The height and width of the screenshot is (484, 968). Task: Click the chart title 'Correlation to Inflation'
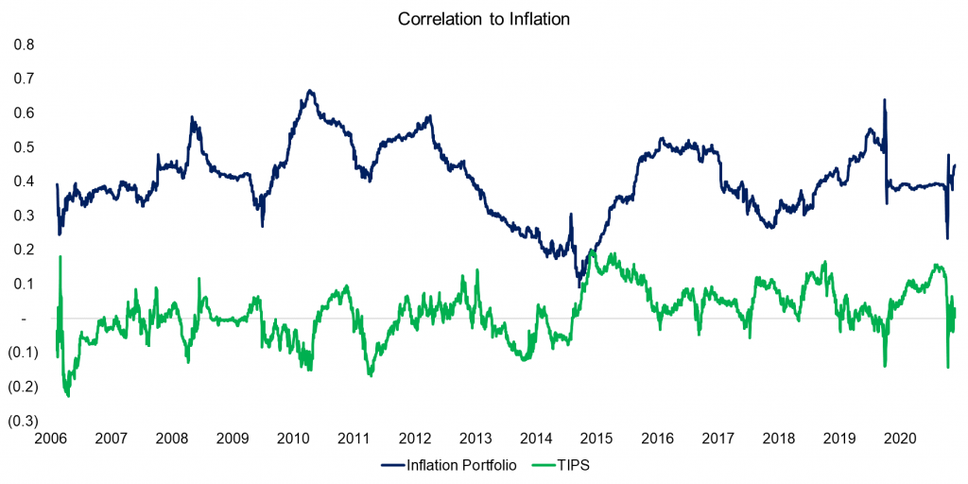point(483,19)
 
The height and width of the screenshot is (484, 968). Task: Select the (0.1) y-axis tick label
point(23,353)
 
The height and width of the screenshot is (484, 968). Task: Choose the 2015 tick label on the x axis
point(596,439)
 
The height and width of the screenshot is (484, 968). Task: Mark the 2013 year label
point(475,439)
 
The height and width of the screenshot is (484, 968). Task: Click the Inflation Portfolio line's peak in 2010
point(311,91)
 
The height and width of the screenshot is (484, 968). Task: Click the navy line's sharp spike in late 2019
point(884,99)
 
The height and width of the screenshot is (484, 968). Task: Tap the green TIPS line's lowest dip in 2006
point(67,395)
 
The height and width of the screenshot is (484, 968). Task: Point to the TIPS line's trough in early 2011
point(371,375)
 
